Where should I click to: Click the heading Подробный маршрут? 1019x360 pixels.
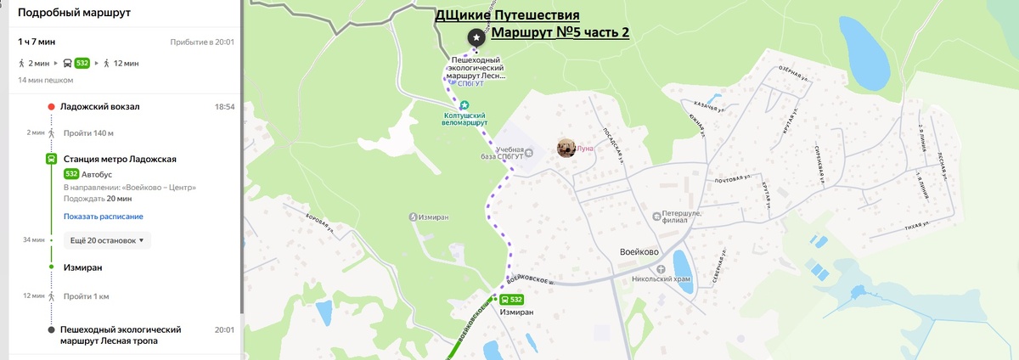tap(74, 13)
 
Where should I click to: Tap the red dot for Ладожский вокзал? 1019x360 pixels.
tap(51, 107)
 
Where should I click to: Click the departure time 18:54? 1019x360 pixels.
tap(224, 107)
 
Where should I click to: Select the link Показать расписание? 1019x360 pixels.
tap(103, 217)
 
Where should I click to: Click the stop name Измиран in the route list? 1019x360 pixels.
tap(82, 267)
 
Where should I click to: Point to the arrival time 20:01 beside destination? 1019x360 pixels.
tap(224, 329)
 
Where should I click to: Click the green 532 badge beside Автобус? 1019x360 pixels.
tap(71, 174)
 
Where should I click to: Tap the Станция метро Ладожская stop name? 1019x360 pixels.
tap(120, 159)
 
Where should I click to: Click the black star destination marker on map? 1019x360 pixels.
tap(476, 38)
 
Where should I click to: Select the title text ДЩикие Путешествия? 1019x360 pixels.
tap(519, 15)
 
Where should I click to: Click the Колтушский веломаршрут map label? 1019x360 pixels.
tap(464, 118)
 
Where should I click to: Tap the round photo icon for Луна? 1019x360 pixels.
tap(566, 148)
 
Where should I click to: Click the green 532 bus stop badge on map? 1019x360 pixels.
tap(511, 300)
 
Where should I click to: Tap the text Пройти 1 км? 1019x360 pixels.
tap(86, 296)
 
